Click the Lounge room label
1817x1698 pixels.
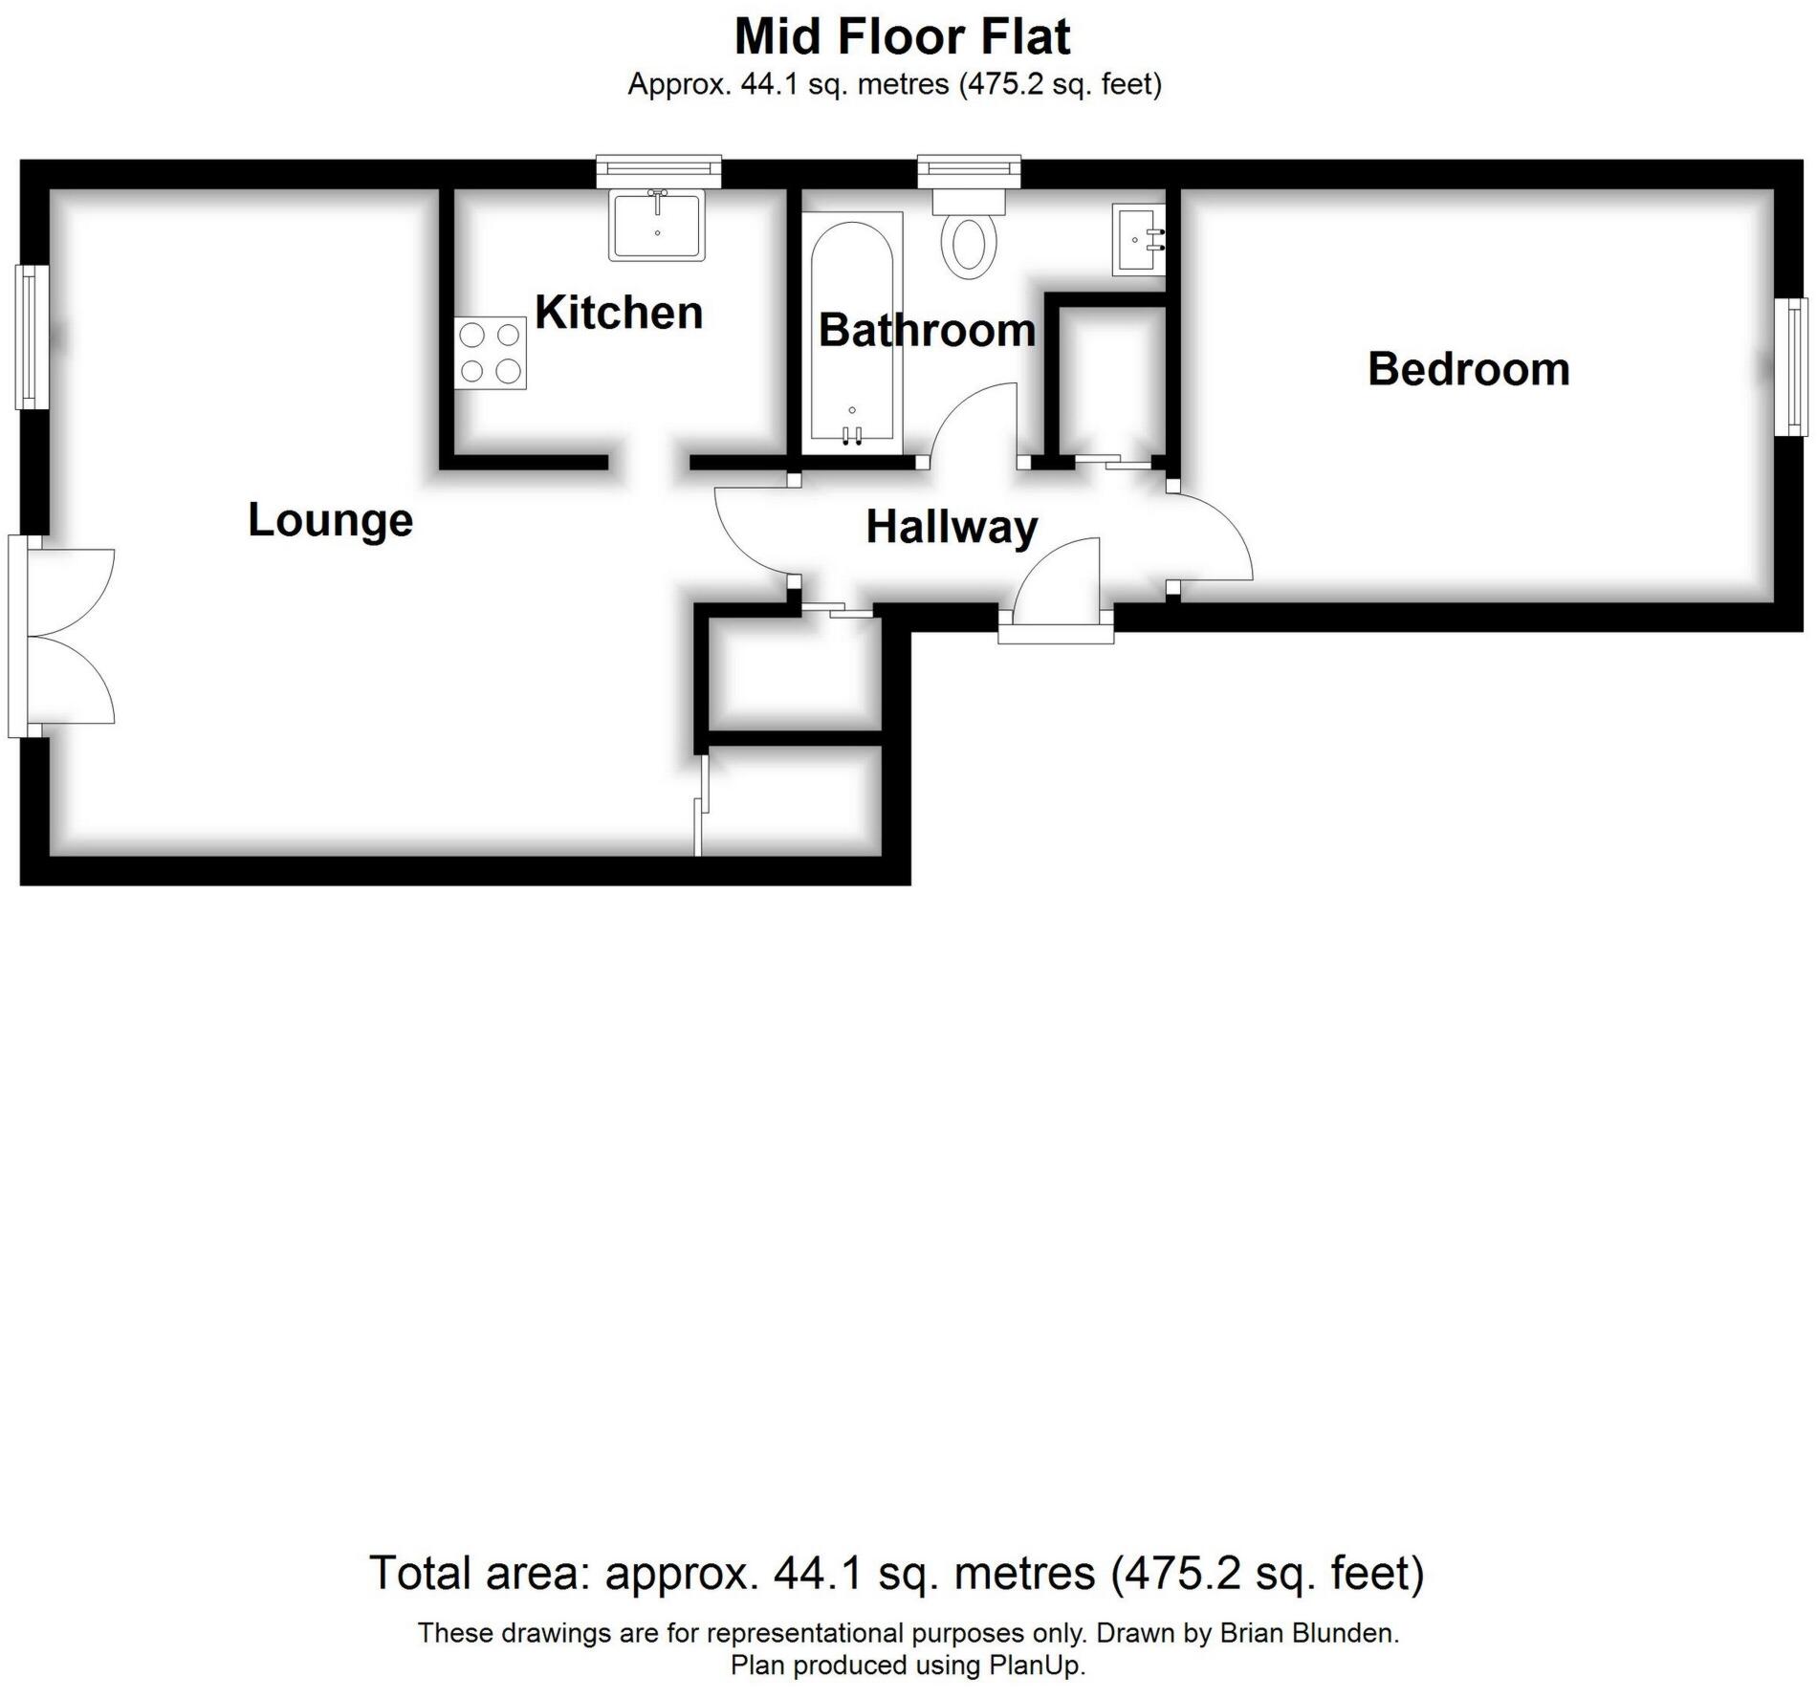pos(330,520)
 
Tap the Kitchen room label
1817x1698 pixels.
pos(619,313)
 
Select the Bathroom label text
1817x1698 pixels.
pos(927,330)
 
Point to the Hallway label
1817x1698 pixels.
pos(952,527)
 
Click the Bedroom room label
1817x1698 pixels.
pos(1468,369)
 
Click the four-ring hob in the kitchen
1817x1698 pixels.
pos(491,353)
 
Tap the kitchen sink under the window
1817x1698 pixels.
pos(657,225)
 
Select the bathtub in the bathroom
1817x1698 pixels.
pos(851,332)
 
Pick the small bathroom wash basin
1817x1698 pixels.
pos(1138,241)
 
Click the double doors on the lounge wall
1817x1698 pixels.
pos(67,636)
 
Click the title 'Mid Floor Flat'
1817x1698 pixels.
pos(902,37)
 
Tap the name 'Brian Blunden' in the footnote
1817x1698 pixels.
pos(1307,1632)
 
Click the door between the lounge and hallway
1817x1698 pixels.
pos(753,532)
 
